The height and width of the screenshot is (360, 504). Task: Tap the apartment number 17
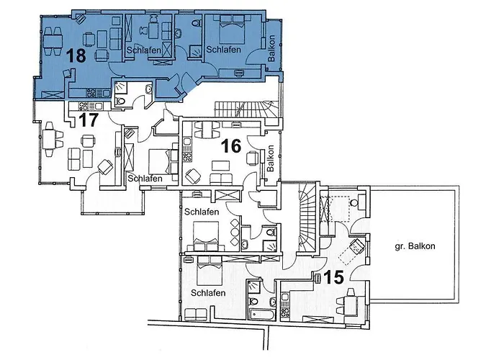pyautogui.click(x=88, y=120)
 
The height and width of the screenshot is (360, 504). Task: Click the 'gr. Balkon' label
pyautogui.click(x=415, y=247)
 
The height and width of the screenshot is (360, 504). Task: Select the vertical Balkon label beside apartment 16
pyautogui.click(x=271, y=158)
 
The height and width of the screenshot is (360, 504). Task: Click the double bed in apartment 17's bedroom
pyautogui.click(x=162, y=156)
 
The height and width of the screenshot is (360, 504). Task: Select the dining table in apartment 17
pyautogui.click(x=50, y=139)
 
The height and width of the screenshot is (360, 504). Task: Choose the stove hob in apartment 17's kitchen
pyautogui.click(x=94, y=92)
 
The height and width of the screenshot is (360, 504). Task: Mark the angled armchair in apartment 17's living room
pyautogui.click(x=105, y=167)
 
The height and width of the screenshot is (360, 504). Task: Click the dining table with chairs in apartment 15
pyautogui.click(x=351, y=302)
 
